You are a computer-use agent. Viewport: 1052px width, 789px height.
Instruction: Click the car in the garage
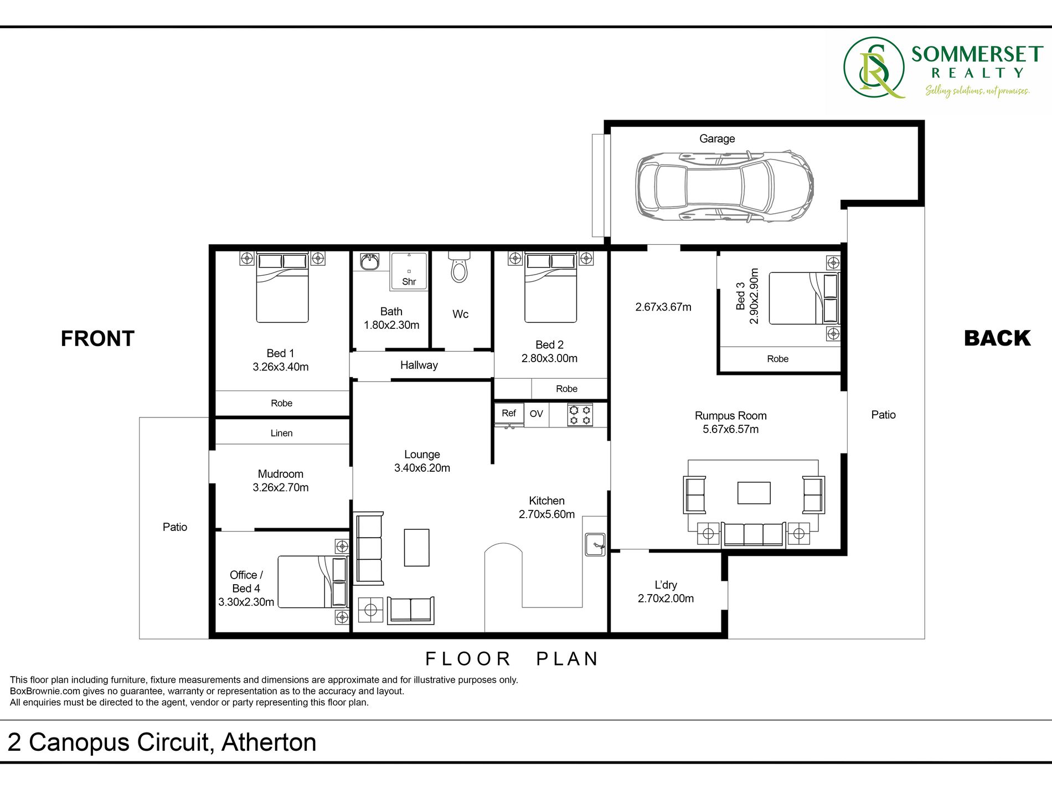(724, 186)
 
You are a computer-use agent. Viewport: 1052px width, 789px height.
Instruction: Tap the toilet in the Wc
(459, 267)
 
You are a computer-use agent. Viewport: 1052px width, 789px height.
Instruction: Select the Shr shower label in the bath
(409, 282)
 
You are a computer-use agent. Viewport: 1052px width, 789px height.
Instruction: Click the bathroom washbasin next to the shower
(370, 261)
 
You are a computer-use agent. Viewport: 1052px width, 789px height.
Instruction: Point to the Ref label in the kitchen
(509, 413)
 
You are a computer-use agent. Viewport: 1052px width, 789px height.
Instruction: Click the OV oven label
(536, 414)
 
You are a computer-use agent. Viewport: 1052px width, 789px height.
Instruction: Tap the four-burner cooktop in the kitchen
(580, 415)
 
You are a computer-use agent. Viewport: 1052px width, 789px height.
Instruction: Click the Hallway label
(419, 365)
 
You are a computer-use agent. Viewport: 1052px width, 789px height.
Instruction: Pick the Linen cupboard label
(281, 433)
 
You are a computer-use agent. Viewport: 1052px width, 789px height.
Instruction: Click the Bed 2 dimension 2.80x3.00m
(549, 358)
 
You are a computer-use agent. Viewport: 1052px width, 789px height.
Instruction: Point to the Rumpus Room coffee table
(754, 493)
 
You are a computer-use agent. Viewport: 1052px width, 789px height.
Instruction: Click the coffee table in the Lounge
(417, 548)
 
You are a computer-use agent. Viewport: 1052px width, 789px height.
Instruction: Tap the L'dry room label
(666, 585)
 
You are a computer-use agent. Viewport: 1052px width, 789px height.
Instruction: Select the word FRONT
(97, 338)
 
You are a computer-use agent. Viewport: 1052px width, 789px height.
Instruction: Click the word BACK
(997, 338)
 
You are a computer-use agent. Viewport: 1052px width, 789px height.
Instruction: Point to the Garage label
(717, 138)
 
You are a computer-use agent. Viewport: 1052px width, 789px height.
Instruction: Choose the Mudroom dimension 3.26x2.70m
(281, 487)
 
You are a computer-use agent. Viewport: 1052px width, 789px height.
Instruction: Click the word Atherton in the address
(269, 742)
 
